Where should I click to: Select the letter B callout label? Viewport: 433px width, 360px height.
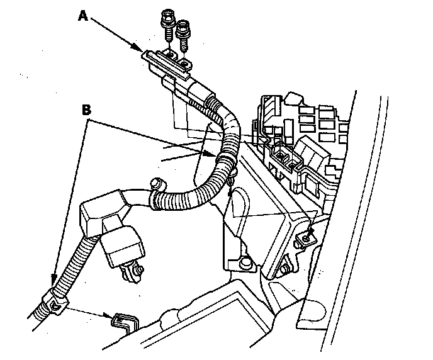tap(87, 109)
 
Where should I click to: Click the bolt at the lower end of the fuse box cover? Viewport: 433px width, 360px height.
tap(285, 271)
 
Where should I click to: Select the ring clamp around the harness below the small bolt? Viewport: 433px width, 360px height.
tap(154, 201)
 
